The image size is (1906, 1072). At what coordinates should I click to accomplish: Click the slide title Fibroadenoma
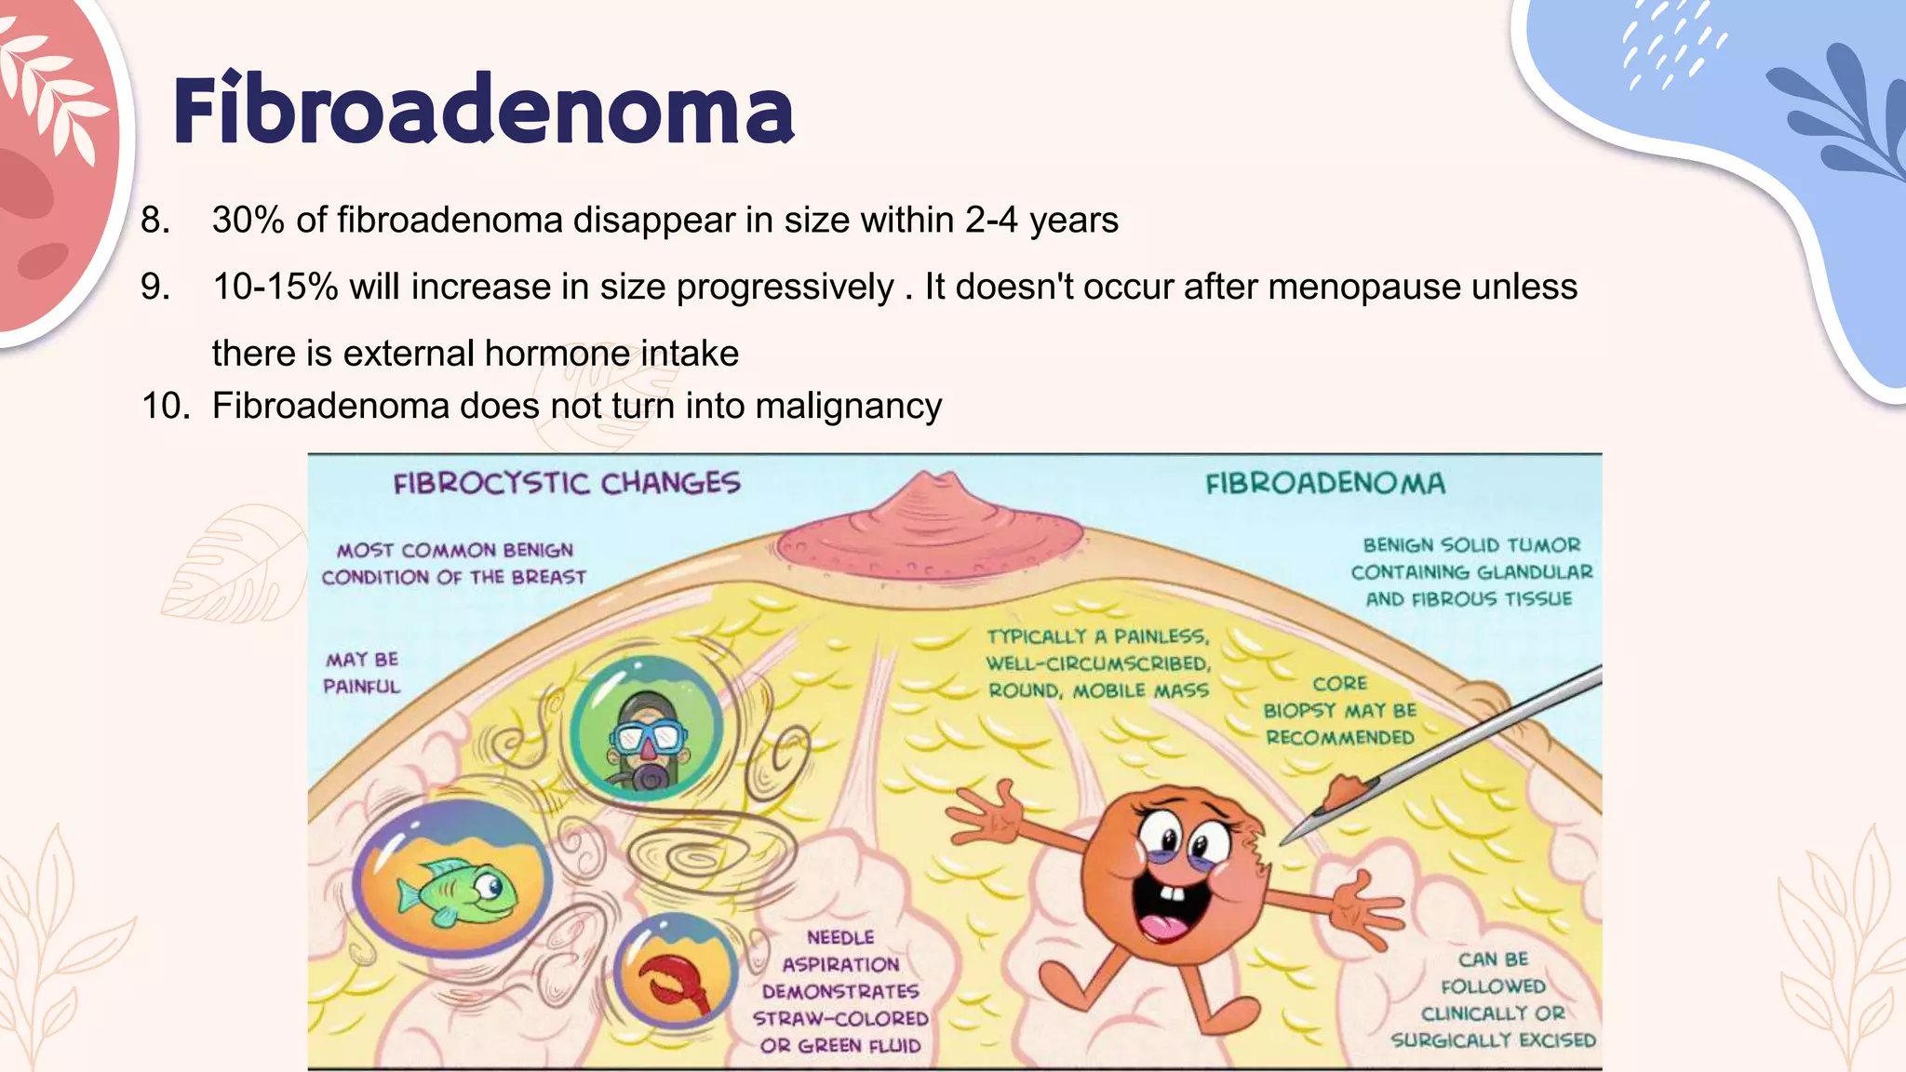coord(483,111)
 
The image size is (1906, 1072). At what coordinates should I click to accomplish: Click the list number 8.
coord(154,221)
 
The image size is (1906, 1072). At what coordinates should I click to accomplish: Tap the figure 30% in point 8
coord(248,221)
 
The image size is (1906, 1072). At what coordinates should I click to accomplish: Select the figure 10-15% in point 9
coord(275,287)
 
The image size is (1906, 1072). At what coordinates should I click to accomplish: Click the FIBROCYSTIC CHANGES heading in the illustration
coord(567,483)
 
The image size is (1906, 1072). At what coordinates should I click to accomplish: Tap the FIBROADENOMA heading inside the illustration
coord(1325,483)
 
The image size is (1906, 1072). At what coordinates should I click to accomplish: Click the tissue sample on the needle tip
coord(1343,793)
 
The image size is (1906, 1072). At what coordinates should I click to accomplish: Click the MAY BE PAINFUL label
coord(362,673)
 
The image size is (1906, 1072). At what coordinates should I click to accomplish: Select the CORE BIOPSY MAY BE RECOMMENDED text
coord(1339,710)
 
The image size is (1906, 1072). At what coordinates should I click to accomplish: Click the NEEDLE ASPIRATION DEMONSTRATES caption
coord(841,991)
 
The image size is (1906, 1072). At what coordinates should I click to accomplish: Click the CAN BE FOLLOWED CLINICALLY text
coord(1493,999)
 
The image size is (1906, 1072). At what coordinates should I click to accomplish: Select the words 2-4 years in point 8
coord(1041,221)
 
